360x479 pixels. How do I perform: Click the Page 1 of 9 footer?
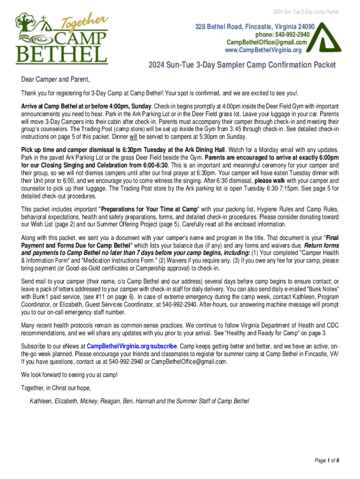[327, 460]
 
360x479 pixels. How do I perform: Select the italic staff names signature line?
[139, 401]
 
